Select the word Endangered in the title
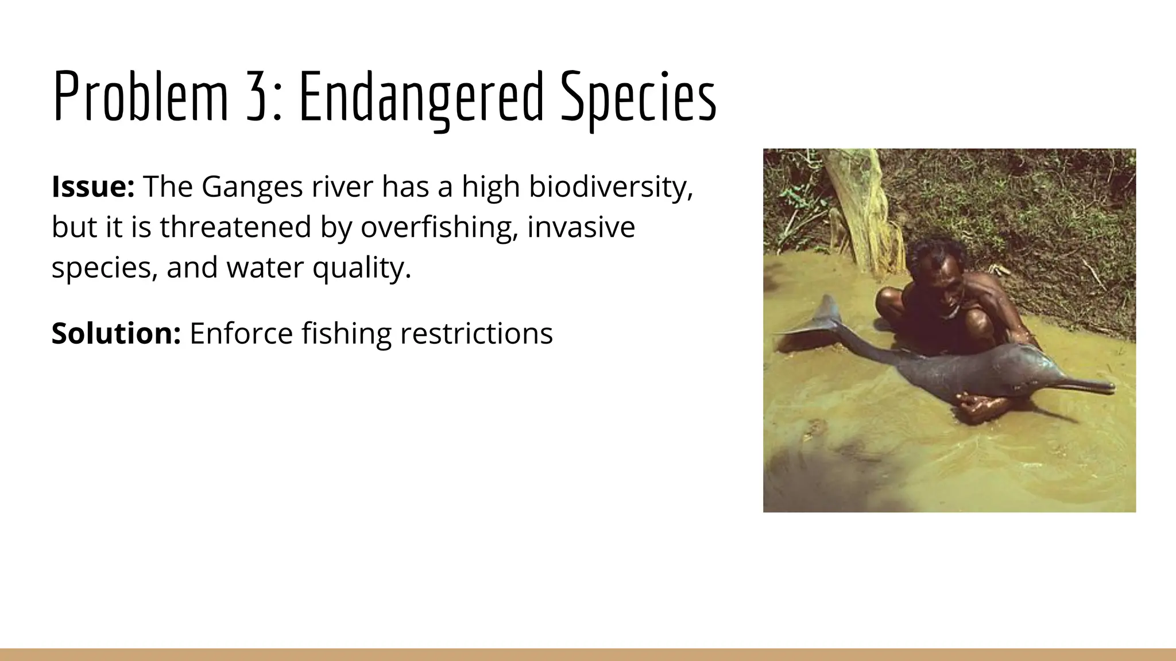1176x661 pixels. (x=421, y=96)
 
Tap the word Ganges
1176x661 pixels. (x=252, y=188)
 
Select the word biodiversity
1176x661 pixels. (x=610, y=188)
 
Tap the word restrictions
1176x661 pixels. (x=476, y=333)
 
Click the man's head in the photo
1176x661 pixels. (x=942, y=270)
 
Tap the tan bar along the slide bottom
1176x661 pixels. (x=588, y=654)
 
